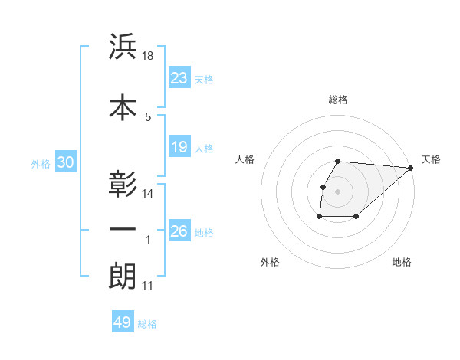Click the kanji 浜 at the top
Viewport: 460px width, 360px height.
point(123,47)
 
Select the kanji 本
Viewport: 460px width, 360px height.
point(123,107)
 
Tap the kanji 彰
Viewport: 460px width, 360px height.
point(123,185)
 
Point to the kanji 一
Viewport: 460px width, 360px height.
point(123,230)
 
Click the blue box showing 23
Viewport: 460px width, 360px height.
point(179,78)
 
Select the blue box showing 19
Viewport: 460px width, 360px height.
point(179,147)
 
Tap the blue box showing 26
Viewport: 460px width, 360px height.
point(179,231)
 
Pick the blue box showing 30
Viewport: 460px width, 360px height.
point(64,162)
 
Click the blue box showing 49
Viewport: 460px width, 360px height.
point(123,322)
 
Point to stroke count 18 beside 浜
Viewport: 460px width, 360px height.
point(149,56)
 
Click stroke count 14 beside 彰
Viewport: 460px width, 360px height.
point(149,194)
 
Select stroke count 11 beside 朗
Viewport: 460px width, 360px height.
point(148,286)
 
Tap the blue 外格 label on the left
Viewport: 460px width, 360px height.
point(41,163)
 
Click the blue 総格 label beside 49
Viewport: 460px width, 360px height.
point(147,324)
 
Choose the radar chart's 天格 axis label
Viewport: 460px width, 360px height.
point(431,159)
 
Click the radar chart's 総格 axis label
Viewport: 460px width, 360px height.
point(338,100)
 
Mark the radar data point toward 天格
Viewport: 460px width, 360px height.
point(411,168)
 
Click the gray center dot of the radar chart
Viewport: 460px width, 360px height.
point(338,191)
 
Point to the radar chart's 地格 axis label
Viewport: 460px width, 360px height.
point(402,263)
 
